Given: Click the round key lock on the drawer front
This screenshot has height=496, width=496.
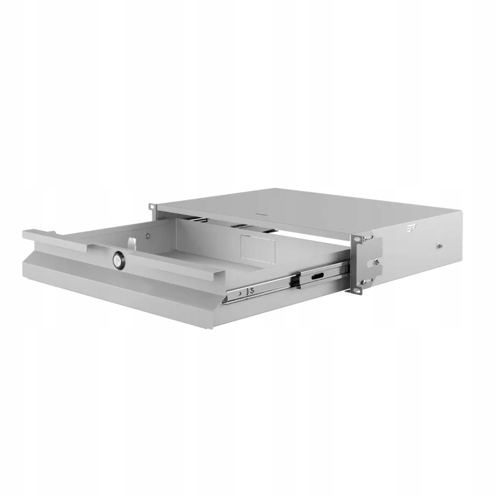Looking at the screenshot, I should pyautogui.click(x=117, y=261).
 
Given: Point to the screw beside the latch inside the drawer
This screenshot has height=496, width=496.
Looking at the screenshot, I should pyautogui.click(x=147, y=235).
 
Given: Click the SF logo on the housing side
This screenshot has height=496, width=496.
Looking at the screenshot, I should pyautogui.click(x=410, y=229).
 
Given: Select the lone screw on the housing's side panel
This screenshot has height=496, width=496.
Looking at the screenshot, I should pyautogui.click(x=439, y=246).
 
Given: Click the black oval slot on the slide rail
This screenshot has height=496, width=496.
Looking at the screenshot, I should pyautogui.click(x=317, y=275).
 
